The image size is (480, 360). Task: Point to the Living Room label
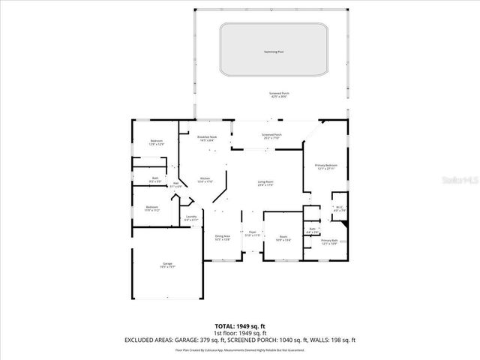pyautogui.click(x=265, y=183)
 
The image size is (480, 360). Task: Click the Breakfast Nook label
pyautogui.click(x=207, y=138)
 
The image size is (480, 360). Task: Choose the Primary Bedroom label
pyautogui.click(x=325, y=166)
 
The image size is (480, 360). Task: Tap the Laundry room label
pyautogui.click(x=190, y=218)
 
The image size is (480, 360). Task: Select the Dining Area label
pyautogui.click(x=222, y=238)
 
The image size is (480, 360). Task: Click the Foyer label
pyautogui.click(x=253, y=234)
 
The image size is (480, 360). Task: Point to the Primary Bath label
pyautogui.click(x=330, y=242)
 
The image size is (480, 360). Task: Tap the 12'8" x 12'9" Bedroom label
pyautogui.click(x=156, y=142)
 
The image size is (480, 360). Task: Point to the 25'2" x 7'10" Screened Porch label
pyautogui.click(x=271, y=136)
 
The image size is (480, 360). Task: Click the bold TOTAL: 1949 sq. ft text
pyautogui.click(x=240, y=326)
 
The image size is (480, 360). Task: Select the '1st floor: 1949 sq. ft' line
pyautogui.click(x=240, y=333)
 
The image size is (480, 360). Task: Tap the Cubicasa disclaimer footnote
pyautogui.click(x=240, y=349)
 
